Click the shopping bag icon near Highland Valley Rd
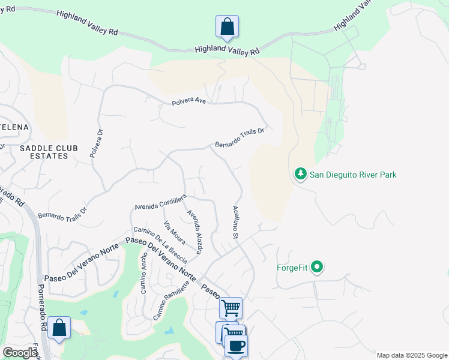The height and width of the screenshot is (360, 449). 227,26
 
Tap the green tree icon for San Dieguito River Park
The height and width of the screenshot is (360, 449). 300,175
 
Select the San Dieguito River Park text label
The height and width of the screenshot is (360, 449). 353,175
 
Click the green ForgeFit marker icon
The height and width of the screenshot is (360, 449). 318,268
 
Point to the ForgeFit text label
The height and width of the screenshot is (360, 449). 292,268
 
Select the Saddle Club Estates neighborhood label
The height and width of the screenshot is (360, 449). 43,152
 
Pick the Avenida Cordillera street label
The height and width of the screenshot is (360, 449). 160,202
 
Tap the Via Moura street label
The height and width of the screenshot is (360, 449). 175,233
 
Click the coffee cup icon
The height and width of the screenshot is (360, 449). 236,346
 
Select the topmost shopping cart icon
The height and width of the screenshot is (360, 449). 231,308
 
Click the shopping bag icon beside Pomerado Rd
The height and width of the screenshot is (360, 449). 59,328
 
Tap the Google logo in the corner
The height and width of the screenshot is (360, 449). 20,353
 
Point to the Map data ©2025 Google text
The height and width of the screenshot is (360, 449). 411,355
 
